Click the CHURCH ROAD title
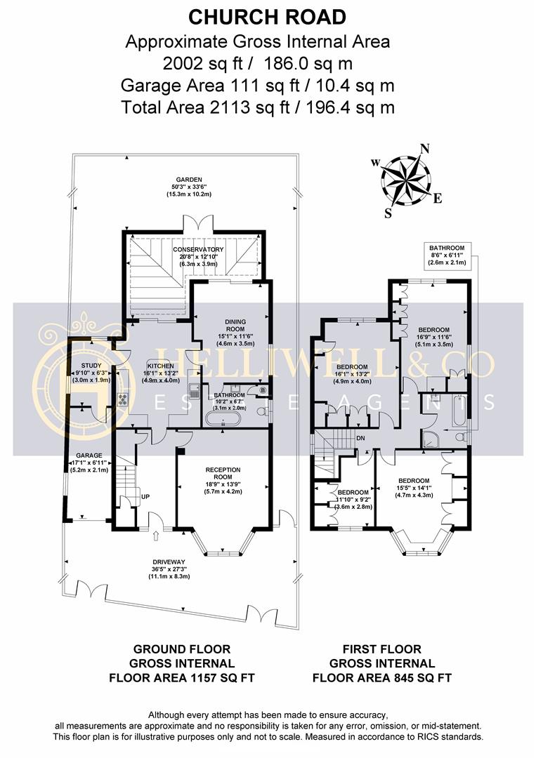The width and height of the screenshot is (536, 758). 268,17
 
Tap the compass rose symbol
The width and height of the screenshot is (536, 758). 406,178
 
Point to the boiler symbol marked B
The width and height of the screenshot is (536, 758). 263,390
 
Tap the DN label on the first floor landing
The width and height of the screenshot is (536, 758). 360,438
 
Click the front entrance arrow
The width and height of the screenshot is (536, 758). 156,538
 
